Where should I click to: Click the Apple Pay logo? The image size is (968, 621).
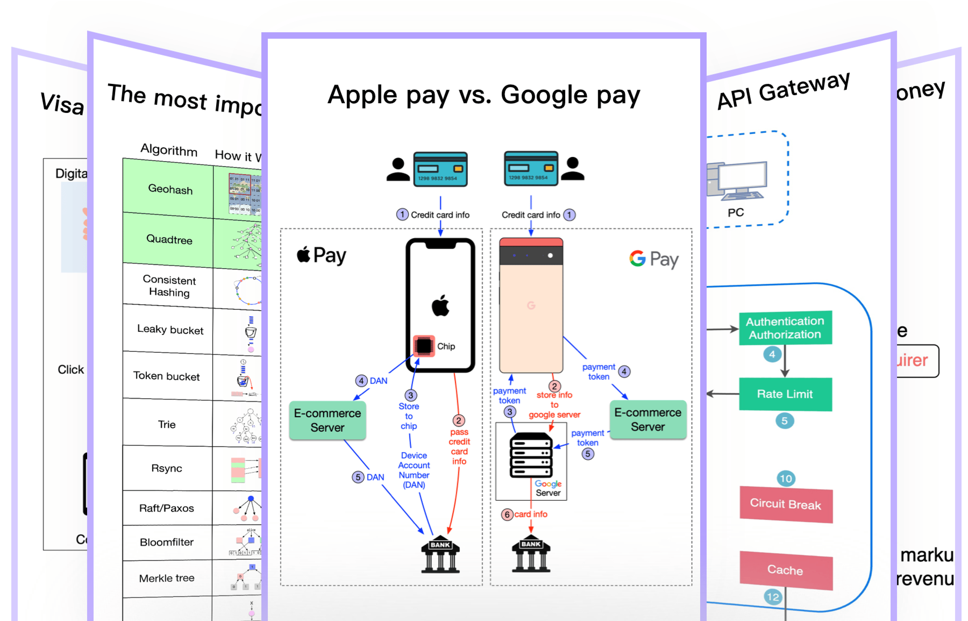(322, 255)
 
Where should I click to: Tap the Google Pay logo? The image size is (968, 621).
(654, 259)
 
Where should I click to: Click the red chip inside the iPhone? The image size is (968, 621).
(423, 346)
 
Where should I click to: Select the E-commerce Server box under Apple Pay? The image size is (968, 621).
(328, 420)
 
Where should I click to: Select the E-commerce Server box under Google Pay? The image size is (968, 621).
(648, 419)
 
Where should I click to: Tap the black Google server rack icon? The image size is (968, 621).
(531, 455)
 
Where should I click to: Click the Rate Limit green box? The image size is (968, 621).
(785, 394)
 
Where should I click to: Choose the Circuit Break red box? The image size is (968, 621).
(786, 504)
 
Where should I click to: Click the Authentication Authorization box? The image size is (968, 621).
(785, 327)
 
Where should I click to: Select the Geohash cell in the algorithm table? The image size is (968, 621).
(169, 189)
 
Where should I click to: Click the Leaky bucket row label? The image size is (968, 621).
(170, 329)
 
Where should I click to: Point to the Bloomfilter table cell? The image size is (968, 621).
(167, 542)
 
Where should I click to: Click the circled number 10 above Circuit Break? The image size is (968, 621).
(786, 479)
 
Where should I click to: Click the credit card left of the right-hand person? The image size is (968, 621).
(531, 169)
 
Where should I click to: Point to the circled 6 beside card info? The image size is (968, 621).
(507, 515)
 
